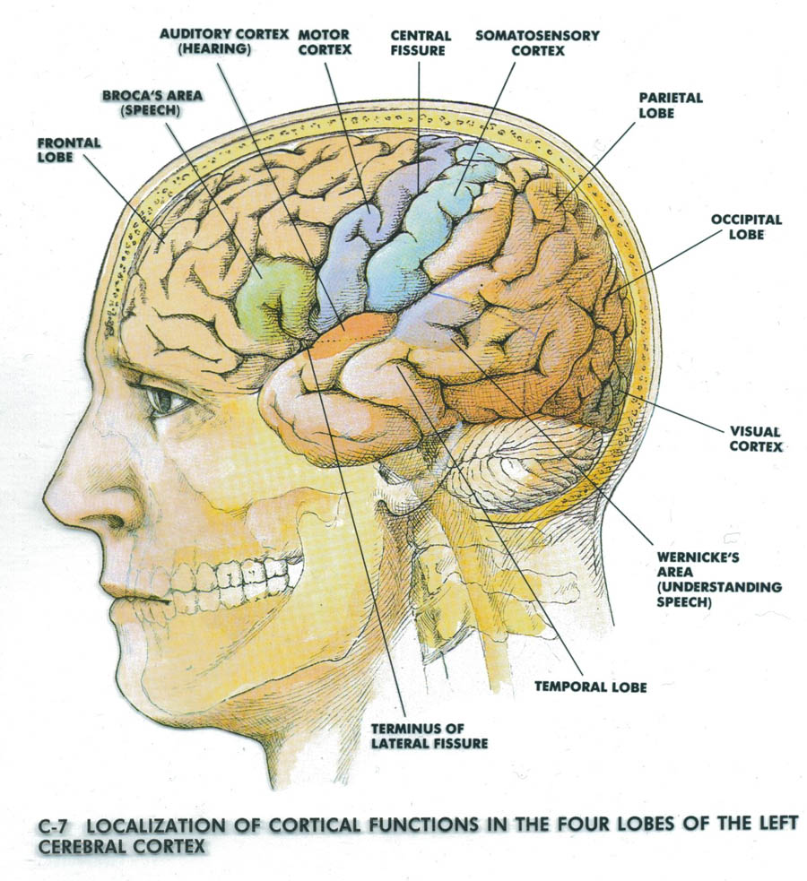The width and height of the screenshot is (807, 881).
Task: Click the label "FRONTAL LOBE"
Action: coord(68,150)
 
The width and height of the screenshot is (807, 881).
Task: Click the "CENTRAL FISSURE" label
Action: coord(419,43)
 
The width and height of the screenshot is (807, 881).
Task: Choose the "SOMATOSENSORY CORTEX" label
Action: coord(537,43)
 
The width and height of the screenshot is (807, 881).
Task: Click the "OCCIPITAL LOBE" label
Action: coord(746,226)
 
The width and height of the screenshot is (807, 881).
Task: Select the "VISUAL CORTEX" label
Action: coord(756,437)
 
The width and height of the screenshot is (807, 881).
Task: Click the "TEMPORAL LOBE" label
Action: coord(590,687)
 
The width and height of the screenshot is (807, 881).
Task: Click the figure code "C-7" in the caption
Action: coord(56,824)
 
